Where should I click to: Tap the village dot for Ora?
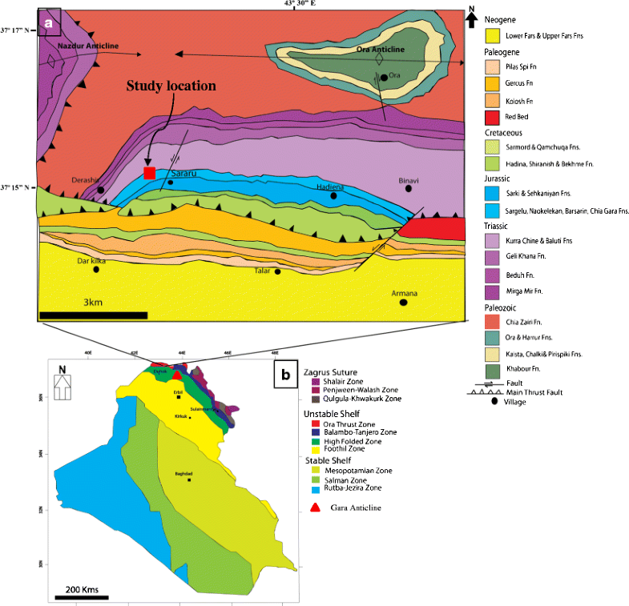[385, 77]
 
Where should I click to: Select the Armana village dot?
[404, 303]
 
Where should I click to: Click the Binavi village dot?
[409, 189]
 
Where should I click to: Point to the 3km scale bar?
[93, 315]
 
